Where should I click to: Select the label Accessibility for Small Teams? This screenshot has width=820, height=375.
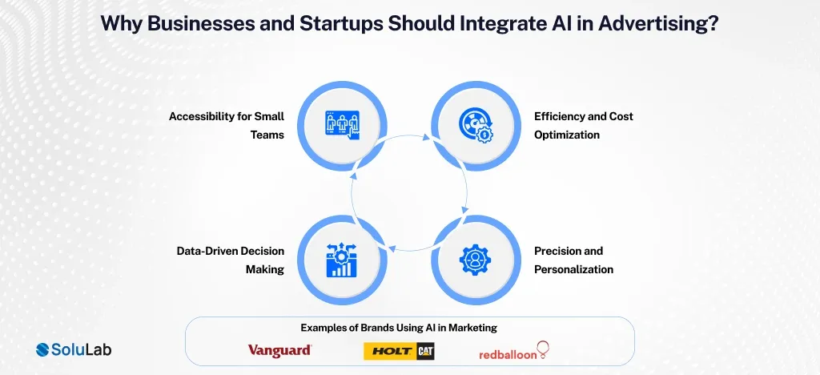[x=227, y=125]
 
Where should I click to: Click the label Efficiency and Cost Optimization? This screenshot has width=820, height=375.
[x=583, y=125]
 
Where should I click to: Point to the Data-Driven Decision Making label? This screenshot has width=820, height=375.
[x=231, y=260]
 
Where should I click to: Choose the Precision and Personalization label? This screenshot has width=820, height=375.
[x=573, y=260]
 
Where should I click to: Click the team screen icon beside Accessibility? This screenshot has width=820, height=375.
[x=343, y=126]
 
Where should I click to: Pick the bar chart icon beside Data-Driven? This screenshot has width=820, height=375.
[x=343, y=260]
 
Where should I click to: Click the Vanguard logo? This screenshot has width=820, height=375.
[x=279, y=350]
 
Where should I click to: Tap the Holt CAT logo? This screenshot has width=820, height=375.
[x=399, y=350]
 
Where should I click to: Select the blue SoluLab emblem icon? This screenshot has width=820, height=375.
[x=46, y=349]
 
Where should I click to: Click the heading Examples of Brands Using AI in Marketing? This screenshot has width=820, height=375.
[x=409, y=327]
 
